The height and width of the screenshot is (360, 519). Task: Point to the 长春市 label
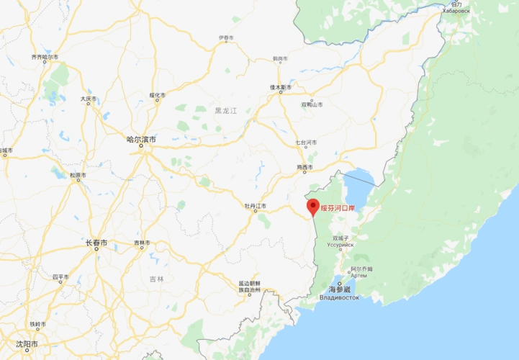tap(96, 243)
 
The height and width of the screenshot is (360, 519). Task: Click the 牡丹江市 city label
tap(255, 206)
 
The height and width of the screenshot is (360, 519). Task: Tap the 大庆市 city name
tap(88, 99)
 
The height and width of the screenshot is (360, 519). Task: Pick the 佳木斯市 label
tap(280, 87)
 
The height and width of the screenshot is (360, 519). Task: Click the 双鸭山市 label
tap(312, 104)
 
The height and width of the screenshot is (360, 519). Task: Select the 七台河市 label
tap(306, 143)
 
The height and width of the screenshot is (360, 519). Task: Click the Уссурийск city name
tap(340, 244)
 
